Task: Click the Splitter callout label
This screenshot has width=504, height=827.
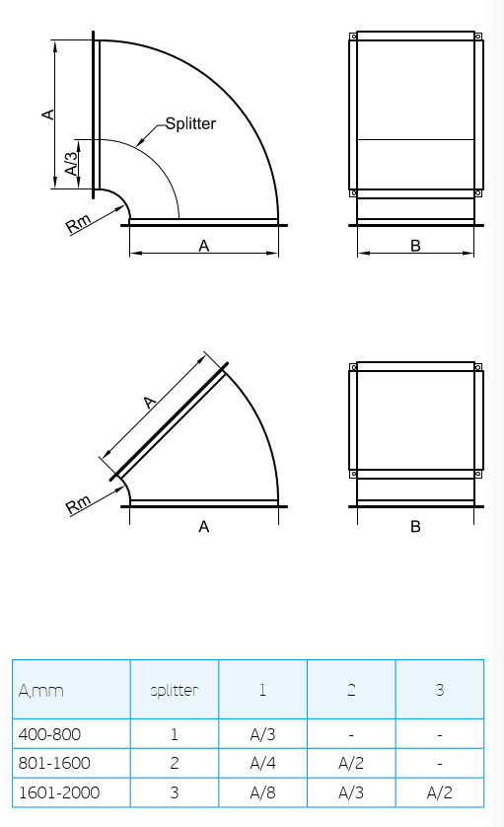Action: click(190, 123)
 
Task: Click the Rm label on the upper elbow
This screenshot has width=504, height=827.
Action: click(79, 223)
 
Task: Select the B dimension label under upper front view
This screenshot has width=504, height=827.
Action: click(415, 246)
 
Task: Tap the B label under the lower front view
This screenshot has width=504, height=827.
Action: click(415, 527)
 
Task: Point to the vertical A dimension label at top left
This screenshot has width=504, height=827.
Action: click(46, 114)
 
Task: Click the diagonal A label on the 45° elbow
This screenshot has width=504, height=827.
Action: click(150, 402)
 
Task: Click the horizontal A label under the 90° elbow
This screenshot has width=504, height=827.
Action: click(204, 246)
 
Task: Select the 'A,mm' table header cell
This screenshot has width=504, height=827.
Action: click(41, 690)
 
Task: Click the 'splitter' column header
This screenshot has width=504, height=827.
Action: click(174, 690)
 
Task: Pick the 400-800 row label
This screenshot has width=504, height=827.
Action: click(49, 734)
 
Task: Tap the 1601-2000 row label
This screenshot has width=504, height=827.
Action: click(58, 791)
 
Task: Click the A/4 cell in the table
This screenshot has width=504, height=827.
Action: click(262, 763)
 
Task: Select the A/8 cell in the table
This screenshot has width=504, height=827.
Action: click(262, 791)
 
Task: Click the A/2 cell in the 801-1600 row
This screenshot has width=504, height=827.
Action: click(351, 763)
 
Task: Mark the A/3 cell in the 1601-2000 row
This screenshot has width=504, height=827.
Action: click(351, 791)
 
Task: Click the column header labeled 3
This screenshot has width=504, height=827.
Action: click(439, 690)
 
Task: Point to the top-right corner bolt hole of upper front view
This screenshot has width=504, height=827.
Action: click(478, 38)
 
